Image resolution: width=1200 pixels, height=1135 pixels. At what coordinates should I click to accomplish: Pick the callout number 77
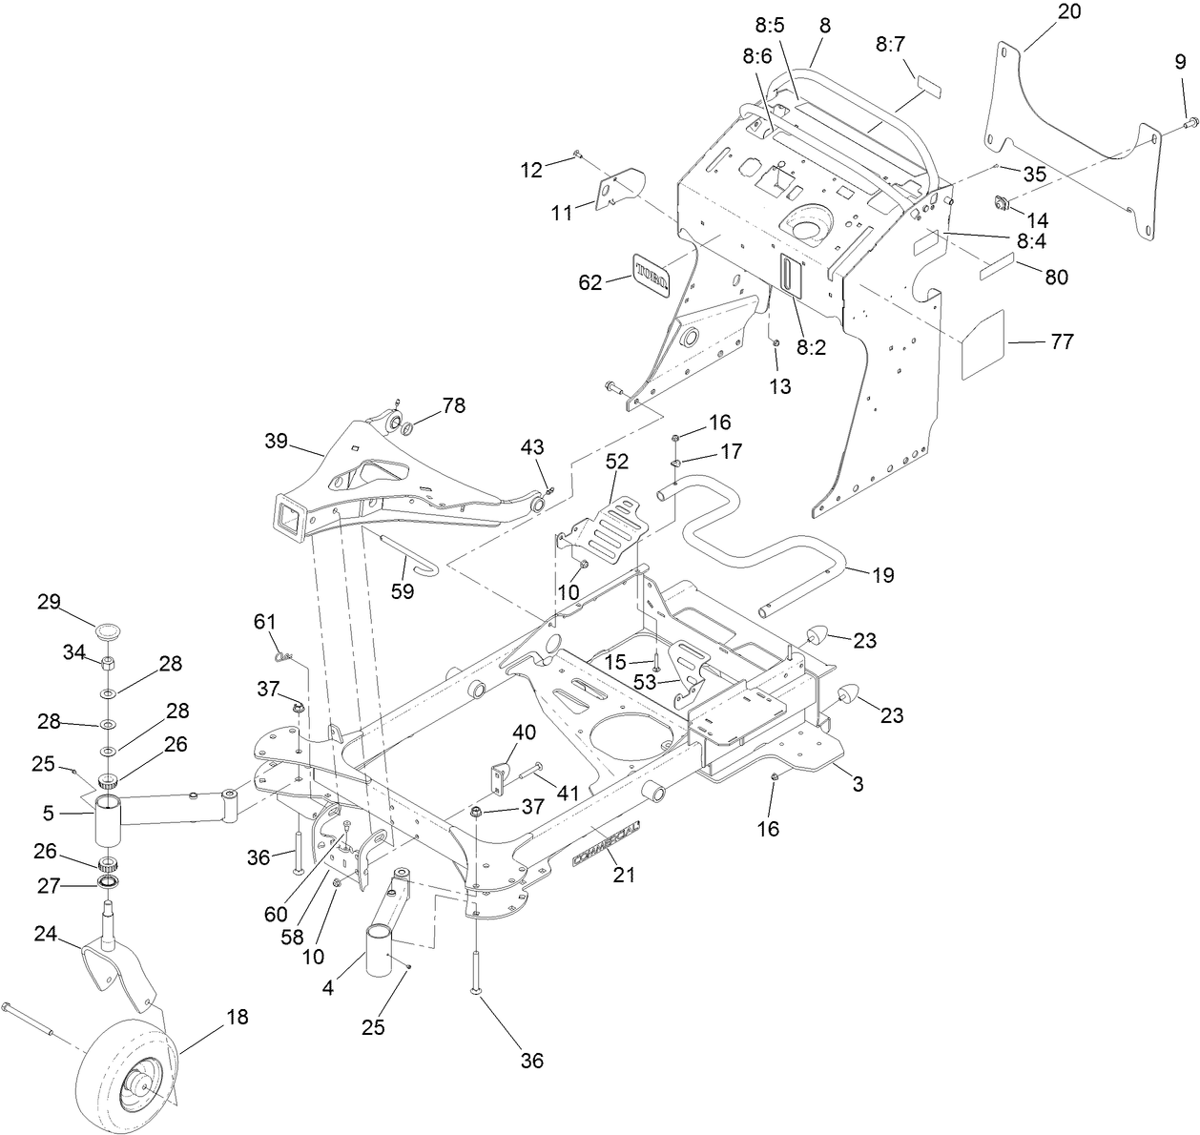coord(1062,342)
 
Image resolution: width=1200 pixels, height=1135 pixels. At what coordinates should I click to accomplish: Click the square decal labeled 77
coord(983,342)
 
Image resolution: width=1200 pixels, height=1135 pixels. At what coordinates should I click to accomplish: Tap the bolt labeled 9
coord(1190,121)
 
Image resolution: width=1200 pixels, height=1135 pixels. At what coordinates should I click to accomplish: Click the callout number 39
coord(278,442)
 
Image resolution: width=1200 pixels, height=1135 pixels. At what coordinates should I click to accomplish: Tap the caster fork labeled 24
coord(119,968)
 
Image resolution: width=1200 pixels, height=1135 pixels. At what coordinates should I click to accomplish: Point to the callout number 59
coord(403,591)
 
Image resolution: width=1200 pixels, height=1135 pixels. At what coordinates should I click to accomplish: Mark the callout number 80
coord(1056,278)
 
